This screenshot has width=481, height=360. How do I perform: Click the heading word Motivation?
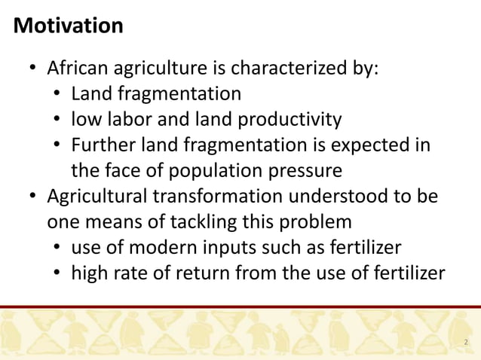69,26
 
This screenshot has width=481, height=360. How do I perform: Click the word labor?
124,119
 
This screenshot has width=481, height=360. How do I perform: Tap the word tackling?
204,221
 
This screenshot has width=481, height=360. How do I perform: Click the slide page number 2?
466,343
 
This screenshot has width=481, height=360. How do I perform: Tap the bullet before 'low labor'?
57,120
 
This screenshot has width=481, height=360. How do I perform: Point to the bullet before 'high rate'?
57,273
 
